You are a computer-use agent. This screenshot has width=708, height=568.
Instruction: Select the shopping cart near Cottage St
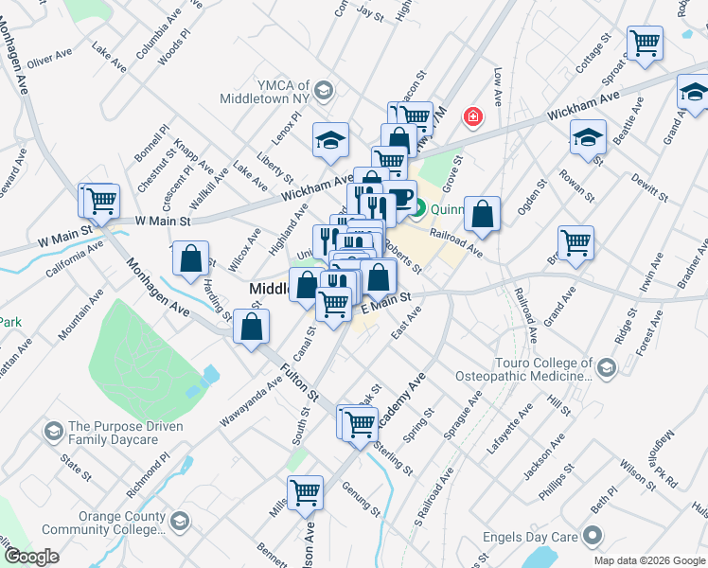[x=645, y=44]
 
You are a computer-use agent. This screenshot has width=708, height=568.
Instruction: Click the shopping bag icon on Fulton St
[x=253, y=328]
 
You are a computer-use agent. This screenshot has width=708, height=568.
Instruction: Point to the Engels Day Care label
[x=525, y=537]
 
